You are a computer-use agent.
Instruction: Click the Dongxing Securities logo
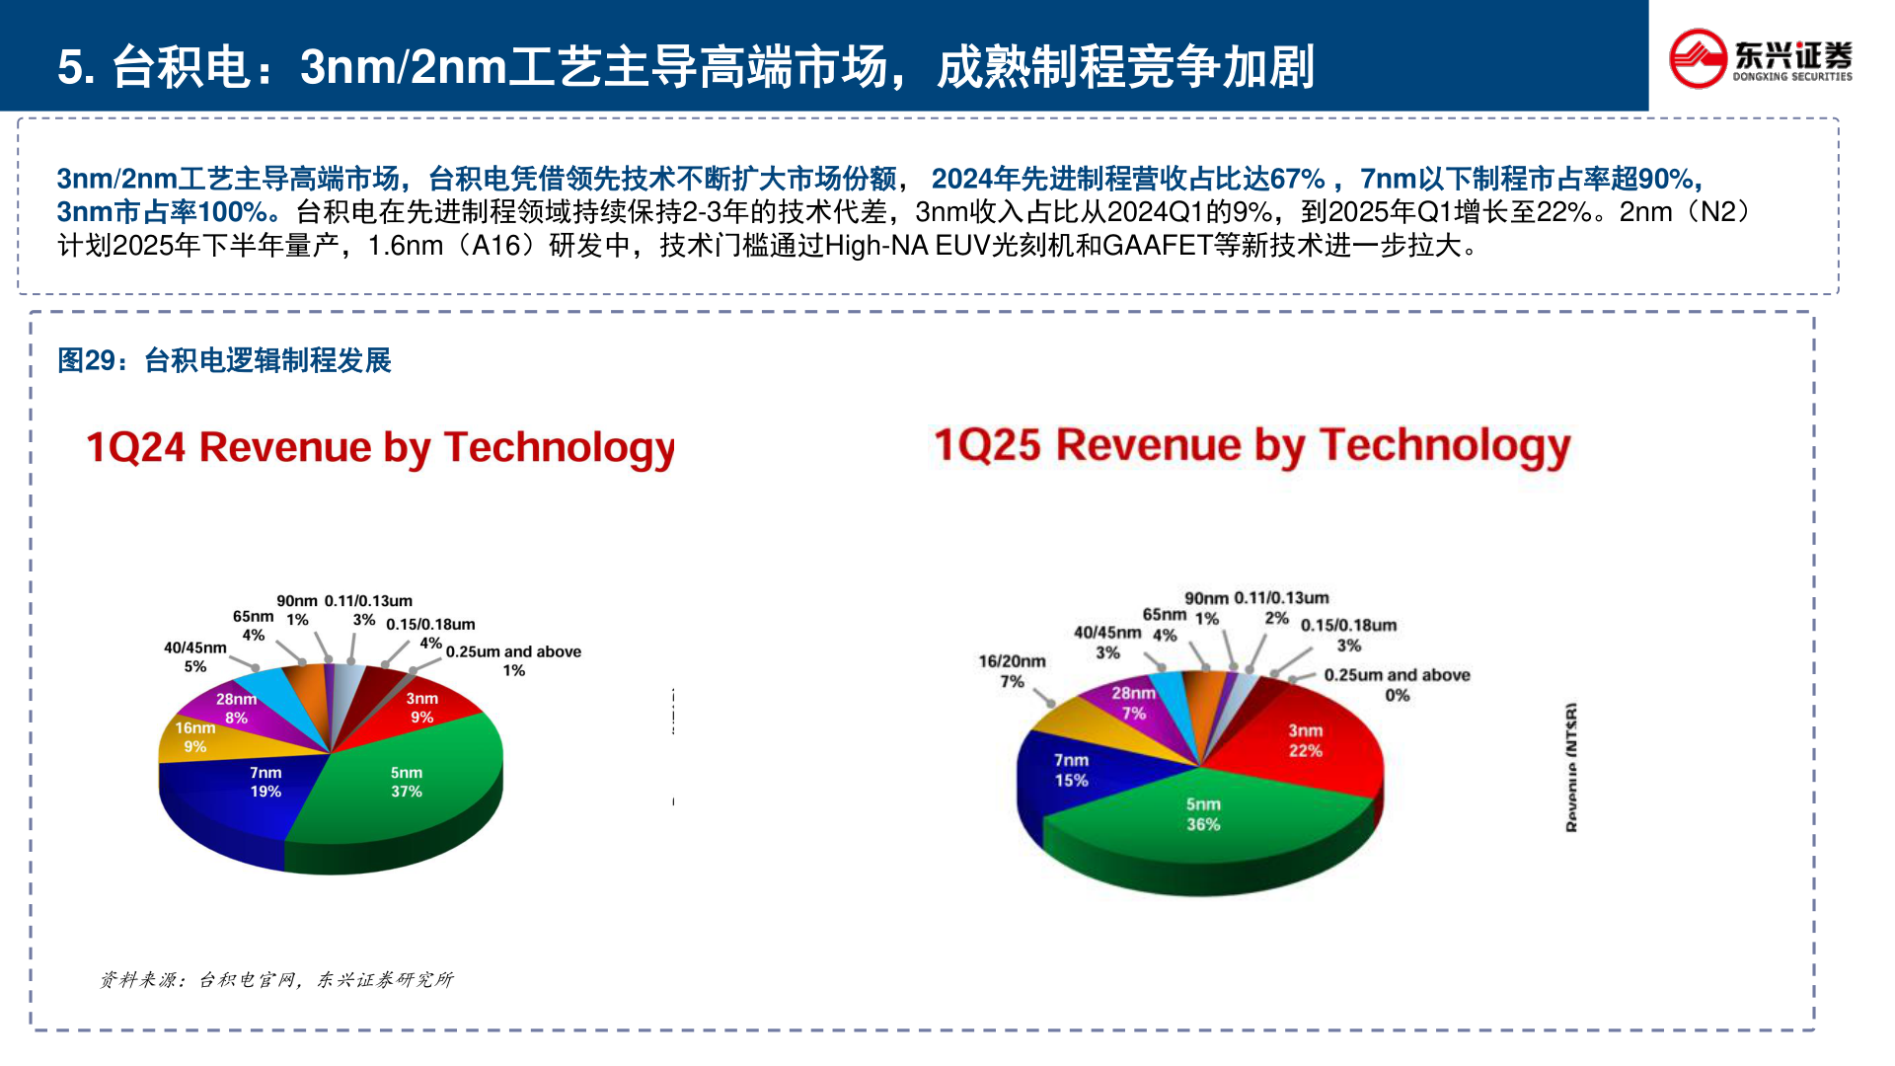[1760, 59]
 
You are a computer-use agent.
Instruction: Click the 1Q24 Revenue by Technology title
[380, 447]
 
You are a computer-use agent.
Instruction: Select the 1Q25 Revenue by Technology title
[1251, 445]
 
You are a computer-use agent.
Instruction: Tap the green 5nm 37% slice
[406, 782]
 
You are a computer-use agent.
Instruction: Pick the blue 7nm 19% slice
[265, 782]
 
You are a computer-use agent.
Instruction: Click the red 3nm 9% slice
[422, 708]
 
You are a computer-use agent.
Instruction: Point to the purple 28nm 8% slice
[237, 708]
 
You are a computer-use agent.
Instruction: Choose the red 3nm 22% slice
[1305, 740]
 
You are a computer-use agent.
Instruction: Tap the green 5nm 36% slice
[1203, 814]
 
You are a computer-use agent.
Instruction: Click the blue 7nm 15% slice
[1071, 770]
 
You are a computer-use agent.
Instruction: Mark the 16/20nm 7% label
[1012, 671]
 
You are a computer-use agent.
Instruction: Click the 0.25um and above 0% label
[1397, 685]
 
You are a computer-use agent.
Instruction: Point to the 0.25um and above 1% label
[513, 661]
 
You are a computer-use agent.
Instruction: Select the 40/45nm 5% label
[195, 657]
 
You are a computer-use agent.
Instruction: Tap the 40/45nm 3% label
[1107, 643]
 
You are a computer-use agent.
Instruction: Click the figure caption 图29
[224, 360]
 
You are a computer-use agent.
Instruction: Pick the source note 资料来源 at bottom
[276, 979]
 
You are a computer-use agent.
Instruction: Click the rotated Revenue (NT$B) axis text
[1571, 768]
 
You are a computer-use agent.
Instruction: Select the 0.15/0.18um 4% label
[430, 633]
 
